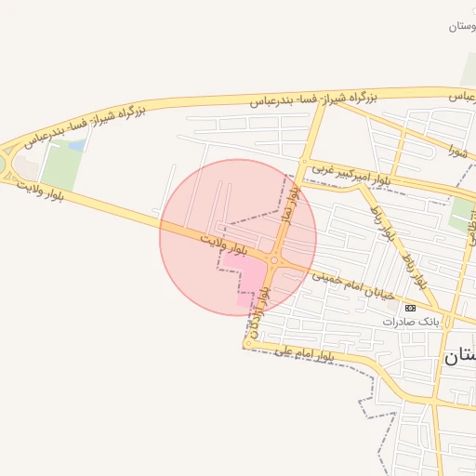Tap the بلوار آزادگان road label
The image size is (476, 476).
[263, 306]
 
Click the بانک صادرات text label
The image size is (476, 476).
[410, 321]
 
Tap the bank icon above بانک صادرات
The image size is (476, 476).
[410, 307]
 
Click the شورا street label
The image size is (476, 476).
[456, 149]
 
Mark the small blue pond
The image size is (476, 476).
[76, 145]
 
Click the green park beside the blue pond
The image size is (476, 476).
[62, 167]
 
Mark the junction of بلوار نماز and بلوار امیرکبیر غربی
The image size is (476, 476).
[303, 164]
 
